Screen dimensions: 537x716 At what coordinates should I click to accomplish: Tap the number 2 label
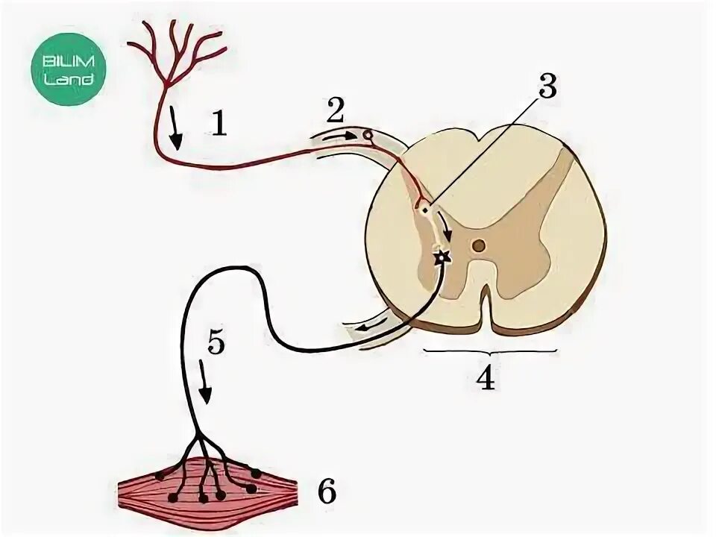336,113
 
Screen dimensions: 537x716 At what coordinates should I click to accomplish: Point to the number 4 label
485,379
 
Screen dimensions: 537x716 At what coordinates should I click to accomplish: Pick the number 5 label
216,343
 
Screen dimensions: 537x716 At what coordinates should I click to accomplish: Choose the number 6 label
326,492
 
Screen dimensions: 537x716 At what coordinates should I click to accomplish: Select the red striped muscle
209,489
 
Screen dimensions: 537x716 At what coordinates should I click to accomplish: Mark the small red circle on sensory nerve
367,136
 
